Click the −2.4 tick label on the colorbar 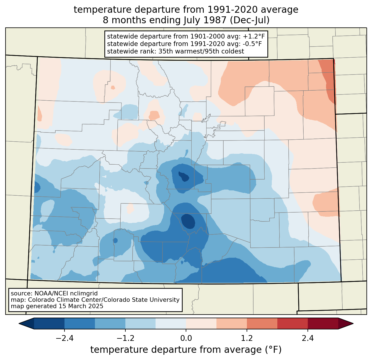64,338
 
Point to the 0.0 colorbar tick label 186,338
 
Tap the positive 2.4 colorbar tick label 308,338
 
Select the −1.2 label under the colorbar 125,338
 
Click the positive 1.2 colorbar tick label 247,338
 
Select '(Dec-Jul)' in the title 249,20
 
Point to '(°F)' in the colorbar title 273,350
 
